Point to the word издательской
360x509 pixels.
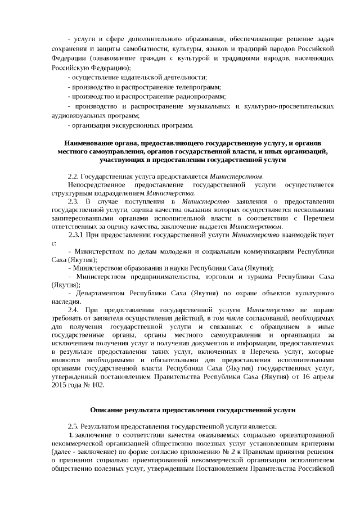click(x=142, y=77)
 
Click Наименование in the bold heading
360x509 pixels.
click(x=89, y=143)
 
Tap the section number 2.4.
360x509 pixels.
click(x=73, y=309)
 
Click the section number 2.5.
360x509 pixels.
click(x=73, y=426)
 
